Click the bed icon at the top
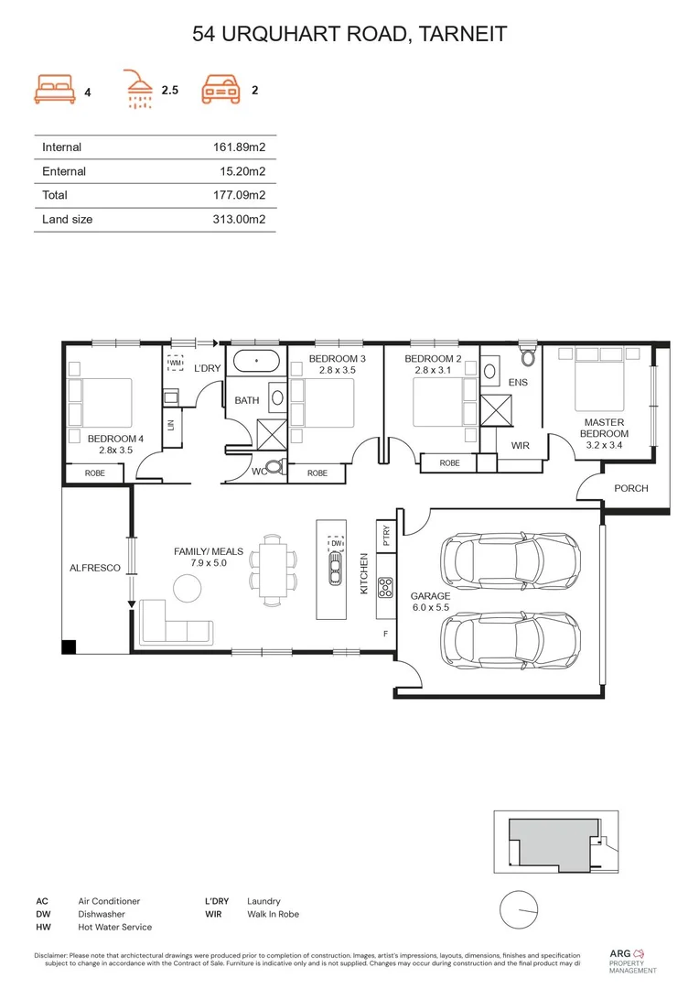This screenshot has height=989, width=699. click(x=54, y=89)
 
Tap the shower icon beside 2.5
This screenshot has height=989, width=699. click(x=139, y=89)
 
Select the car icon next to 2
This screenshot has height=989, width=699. click(x=222, y=89)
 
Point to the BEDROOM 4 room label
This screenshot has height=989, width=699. click(x=115, y=444)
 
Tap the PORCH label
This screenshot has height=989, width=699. click(x=630, y=488)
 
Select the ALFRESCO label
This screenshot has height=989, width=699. click(x=95, y=568)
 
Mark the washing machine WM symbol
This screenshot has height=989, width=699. click(x=176, y=363)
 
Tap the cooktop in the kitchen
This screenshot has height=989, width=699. click(x=385, y=585)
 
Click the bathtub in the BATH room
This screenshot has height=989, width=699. click(x=256, y=362)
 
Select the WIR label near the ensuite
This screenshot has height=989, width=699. click(x=521, y=446)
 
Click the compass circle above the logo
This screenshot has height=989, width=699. click(x=517, y=909)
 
